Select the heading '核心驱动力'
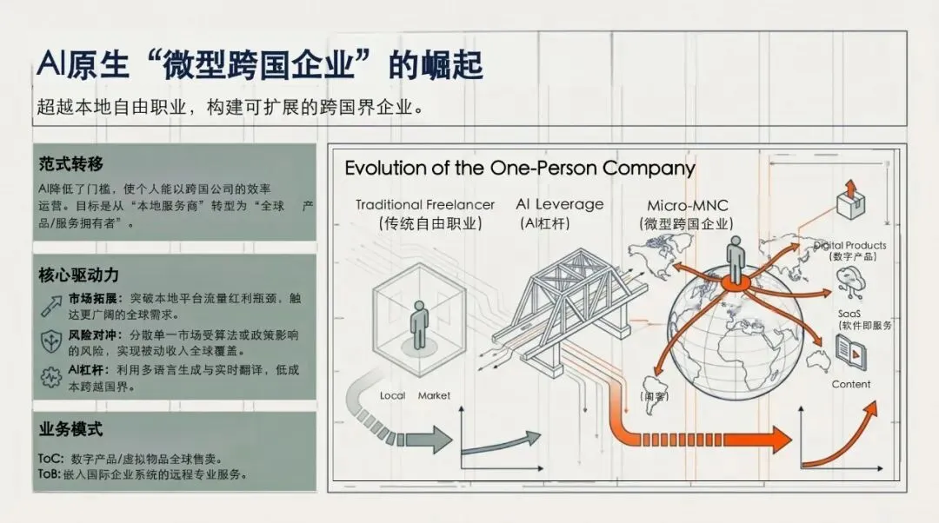(x=78, y=275)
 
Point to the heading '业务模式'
(x=71, y=429)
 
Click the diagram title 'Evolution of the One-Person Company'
(x=520, y=168)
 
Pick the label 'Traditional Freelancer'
(x=425, y=205)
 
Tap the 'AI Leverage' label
(x=559, y=204)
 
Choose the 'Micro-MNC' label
(x=687, y=206)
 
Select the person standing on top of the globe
(x=736, y=260)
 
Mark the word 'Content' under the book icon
(x=850, y=384)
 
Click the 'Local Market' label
(x=415, y=395)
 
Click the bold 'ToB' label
(x=49, y=474)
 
